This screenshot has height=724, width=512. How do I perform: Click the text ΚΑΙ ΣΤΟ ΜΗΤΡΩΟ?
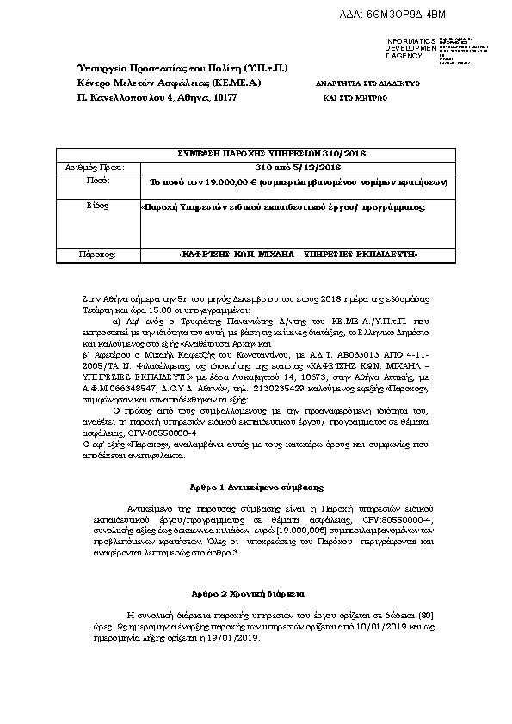click(x=355, y=99)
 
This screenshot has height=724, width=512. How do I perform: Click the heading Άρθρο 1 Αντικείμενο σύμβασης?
click(x=256, y=487)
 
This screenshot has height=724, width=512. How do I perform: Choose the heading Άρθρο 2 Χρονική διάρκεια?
click(x=256, y=594)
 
